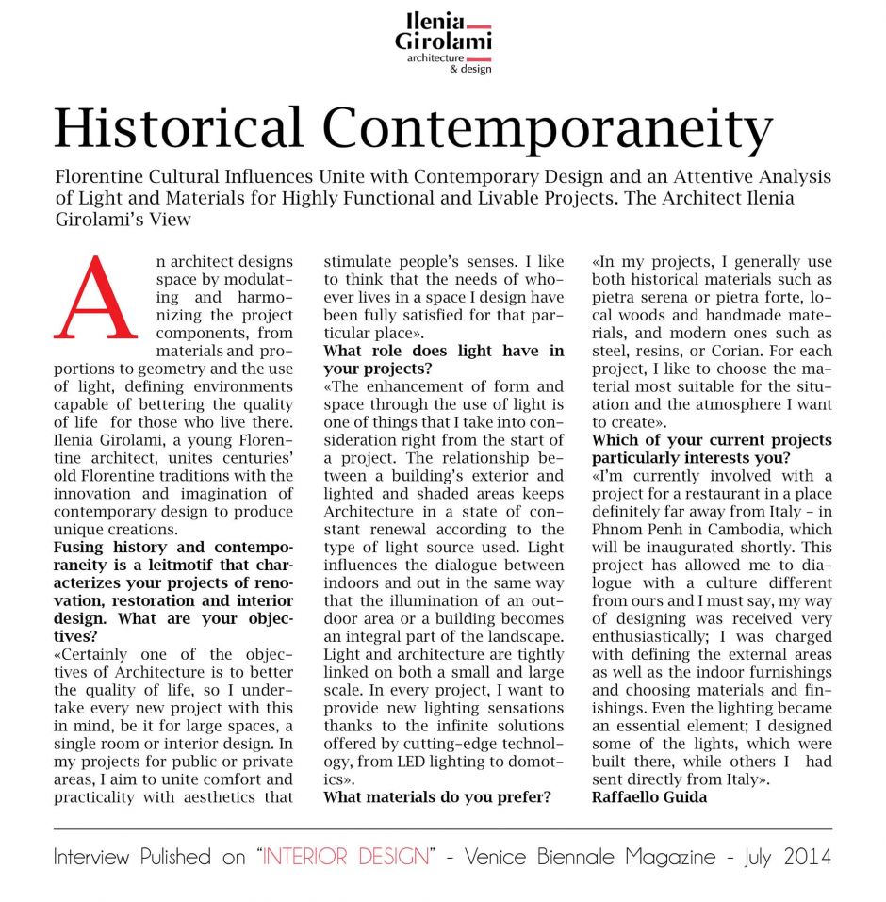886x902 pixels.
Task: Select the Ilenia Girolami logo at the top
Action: pyautogui.click(x=443, y=39)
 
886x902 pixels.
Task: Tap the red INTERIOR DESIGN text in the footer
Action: pyautogui.click(x=346, y=857)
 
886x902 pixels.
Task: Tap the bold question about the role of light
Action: pyautogui.click(x=443, y=359)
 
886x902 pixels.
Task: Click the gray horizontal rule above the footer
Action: pyautogui.click(x=443, y=828)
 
